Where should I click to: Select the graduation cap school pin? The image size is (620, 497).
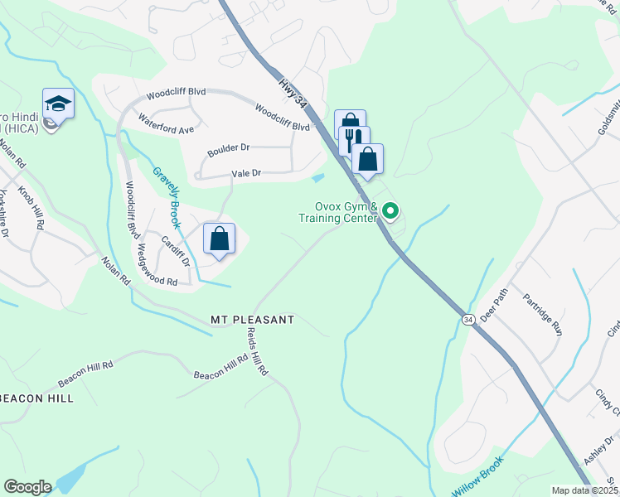pos(58,105)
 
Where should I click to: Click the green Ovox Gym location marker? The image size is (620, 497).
pos(390,212)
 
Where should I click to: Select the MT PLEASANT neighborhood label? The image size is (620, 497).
pos(253,319)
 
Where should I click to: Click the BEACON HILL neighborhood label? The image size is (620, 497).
pos(36,398)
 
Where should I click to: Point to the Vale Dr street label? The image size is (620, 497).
pos(246,173)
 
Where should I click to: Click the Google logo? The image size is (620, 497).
pos(27,487)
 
